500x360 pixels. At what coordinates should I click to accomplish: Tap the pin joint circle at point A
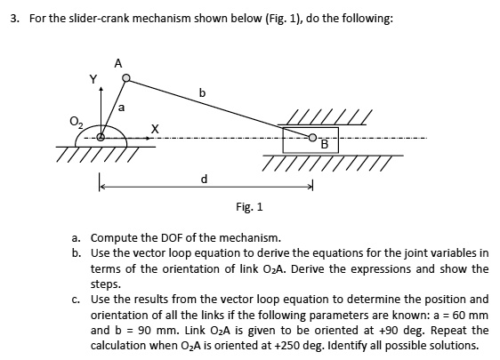(x=126, y=79)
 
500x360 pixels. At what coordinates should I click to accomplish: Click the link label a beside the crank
(x=122, y=107)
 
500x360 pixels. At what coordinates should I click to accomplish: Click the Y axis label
(x=92, y=79)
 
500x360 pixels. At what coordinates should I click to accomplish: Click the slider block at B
(x=298, y=139)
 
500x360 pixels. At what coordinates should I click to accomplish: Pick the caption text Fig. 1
(x=249, y=207)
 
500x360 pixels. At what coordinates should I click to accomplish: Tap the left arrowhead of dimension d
(x=101, y=187)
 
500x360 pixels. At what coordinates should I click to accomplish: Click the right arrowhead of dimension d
(x=310, y=187)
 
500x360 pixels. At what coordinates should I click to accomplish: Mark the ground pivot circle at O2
(x=101, y=137)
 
